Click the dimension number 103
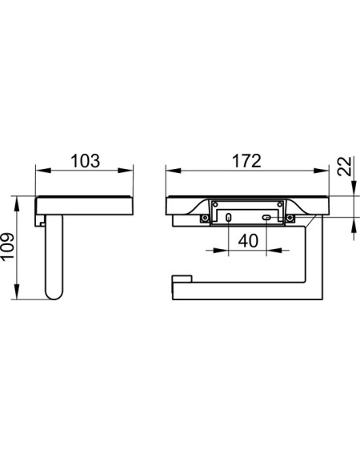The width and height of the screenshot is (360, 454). tap(86, 161)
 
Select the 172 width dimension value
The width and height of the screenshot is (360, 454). tap(246, 161)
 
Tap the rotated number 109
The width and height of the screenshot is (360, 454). tap(7, 247)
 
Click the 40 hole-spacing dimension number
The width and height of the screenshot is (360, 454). tap(248, 241)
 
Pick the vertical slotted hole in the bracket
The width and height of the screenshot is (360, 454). tap(229, 218)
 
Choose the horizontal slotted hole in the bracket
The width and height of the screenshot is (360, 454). tap(266, 218)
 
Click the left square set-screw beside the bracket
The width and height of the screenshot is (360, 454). tap(205, 219)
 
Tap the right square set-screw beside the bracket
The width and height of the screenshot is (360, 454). tap(290, 219)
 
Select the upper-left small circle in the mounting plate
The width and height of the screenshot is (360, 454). tap(215, 204)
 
